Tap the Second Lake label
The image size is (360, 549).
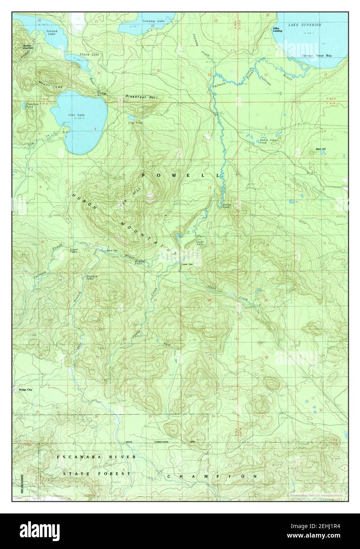click(52, 32)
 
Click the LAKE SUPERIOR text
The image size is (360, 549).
click(304, 25)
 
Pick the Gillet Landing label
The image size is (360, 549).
click(276, 30)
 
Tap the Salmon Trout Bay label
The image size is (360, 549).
click(317, 56)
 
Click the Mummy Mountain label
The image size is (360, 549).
click(28, 47)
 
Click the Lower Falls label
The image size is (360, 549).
click(200, 243)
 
